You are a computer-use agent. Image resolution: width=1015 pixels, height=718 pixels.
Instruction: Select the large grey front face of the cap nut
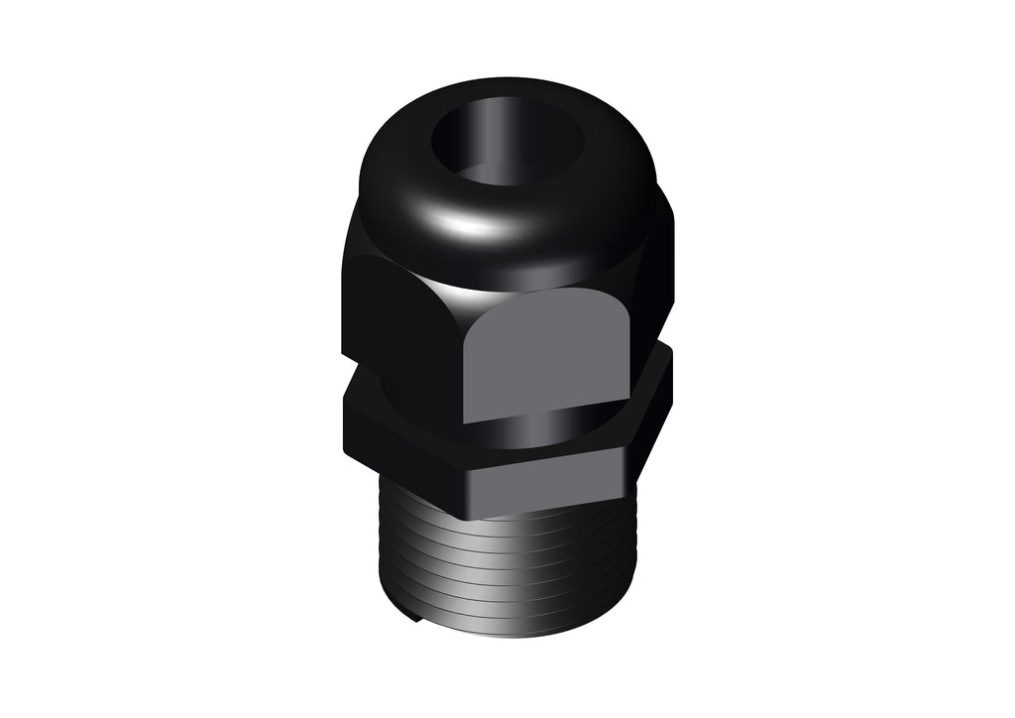click(x=546, y=355)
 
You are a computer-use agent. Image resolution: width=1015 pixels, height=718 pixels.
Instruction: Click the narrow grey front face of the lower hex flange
click(x=545, y=481)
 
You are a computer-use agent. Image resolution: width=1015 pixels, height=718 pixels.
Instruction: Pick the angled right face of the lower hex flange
click(x=649, y=417)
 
